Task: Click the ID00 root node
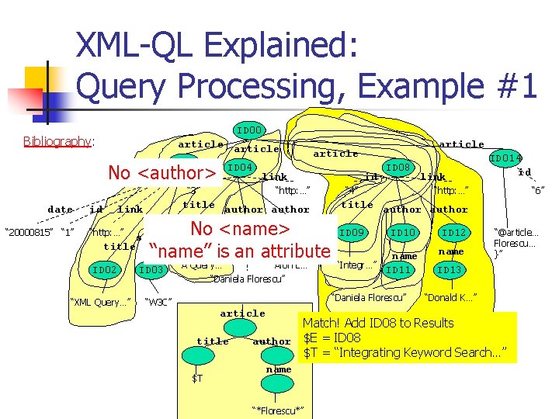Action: point(249,130)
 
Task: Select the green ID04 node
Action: point(241,168)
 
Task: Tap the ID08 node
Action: point(398,168)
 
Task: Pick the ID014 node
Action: point(505,158)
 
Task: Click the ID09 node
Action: point(352,233)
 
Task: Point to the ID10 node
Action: point(403,233)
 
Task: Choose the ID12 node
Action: point(453,233)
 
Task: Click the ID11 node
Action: point(398,269)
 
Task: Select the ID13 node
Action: point(449,269)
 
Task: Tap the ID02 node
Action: point(103,269)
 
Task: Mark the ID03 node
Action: point(151,269)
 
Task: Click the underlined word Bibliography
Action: point(59,142)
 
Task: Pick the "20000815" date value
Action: point(28,232)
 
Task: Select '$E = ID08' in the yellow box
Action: point(332,338)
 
